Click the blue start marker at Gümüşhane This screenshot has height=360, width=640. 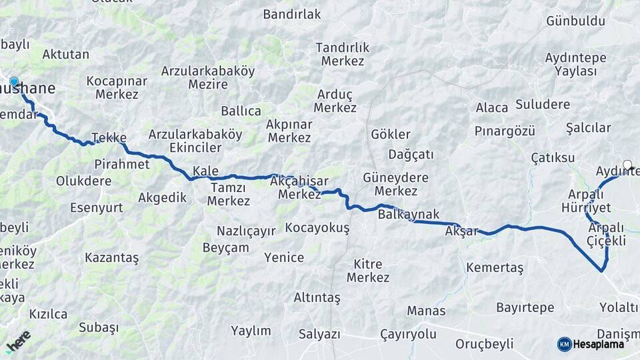tap(14, 82)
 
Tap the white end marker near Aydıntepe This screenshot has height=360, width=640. tap(627, 164)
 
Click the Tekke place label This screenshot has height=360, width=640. tap(109, 137)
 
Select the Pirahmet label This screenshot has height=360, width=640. tap(122, 163)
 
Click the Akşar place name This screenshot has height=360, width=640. tap(461, 232)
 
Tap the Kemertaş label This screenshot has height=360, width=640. tap(495, 267)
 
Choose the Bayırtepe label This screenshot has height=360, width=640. tap(525, 307)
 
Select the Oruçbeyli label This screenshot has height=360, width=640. tap(485, 344)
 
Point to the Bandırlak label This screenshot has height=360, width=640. tap(292, 14)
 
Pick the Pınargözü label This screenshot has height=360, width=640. tap(505, 131)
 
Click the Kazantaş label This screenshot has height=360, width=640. tap(112, 257)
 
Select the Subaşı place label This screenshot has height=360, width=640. tap(99, 327)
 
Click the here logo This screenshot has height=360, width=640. tap(19, 341)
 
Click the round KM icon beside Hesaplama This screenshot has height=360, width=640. tap(565, 344)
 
